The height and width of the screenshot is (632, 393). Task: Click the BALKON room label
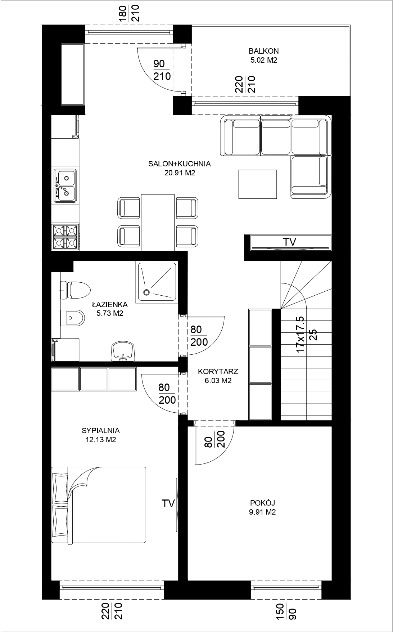263,51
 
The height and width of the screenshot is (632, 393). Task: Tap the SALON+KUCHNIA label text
180,164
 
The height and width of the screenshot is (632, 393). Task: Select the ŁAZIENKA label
110,304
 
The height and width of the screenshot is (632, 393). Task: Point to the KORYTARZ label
218,371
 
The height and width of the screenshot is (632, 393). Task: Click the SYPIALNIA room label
101,430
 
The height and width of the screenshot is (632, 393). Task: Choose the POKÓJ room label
263,503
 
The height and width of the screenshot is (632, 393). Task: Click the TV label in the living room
289,242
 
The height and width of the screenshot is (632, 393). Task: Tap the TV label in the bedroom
168,503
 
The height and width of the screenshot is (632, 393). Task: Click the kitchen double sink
65,186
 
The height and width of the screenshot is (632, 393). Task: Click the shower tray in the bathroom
157,282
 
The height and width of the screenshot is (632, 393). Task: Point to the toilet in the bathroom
75,290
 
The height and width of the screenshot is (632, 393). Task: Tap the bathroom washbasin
123,351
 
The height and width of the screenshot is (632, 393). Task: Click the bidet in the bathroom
72,318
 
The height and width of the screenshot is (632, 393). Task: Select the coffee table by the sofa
258,184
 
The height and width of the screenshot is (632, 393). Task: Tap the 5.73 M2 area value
110,313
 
